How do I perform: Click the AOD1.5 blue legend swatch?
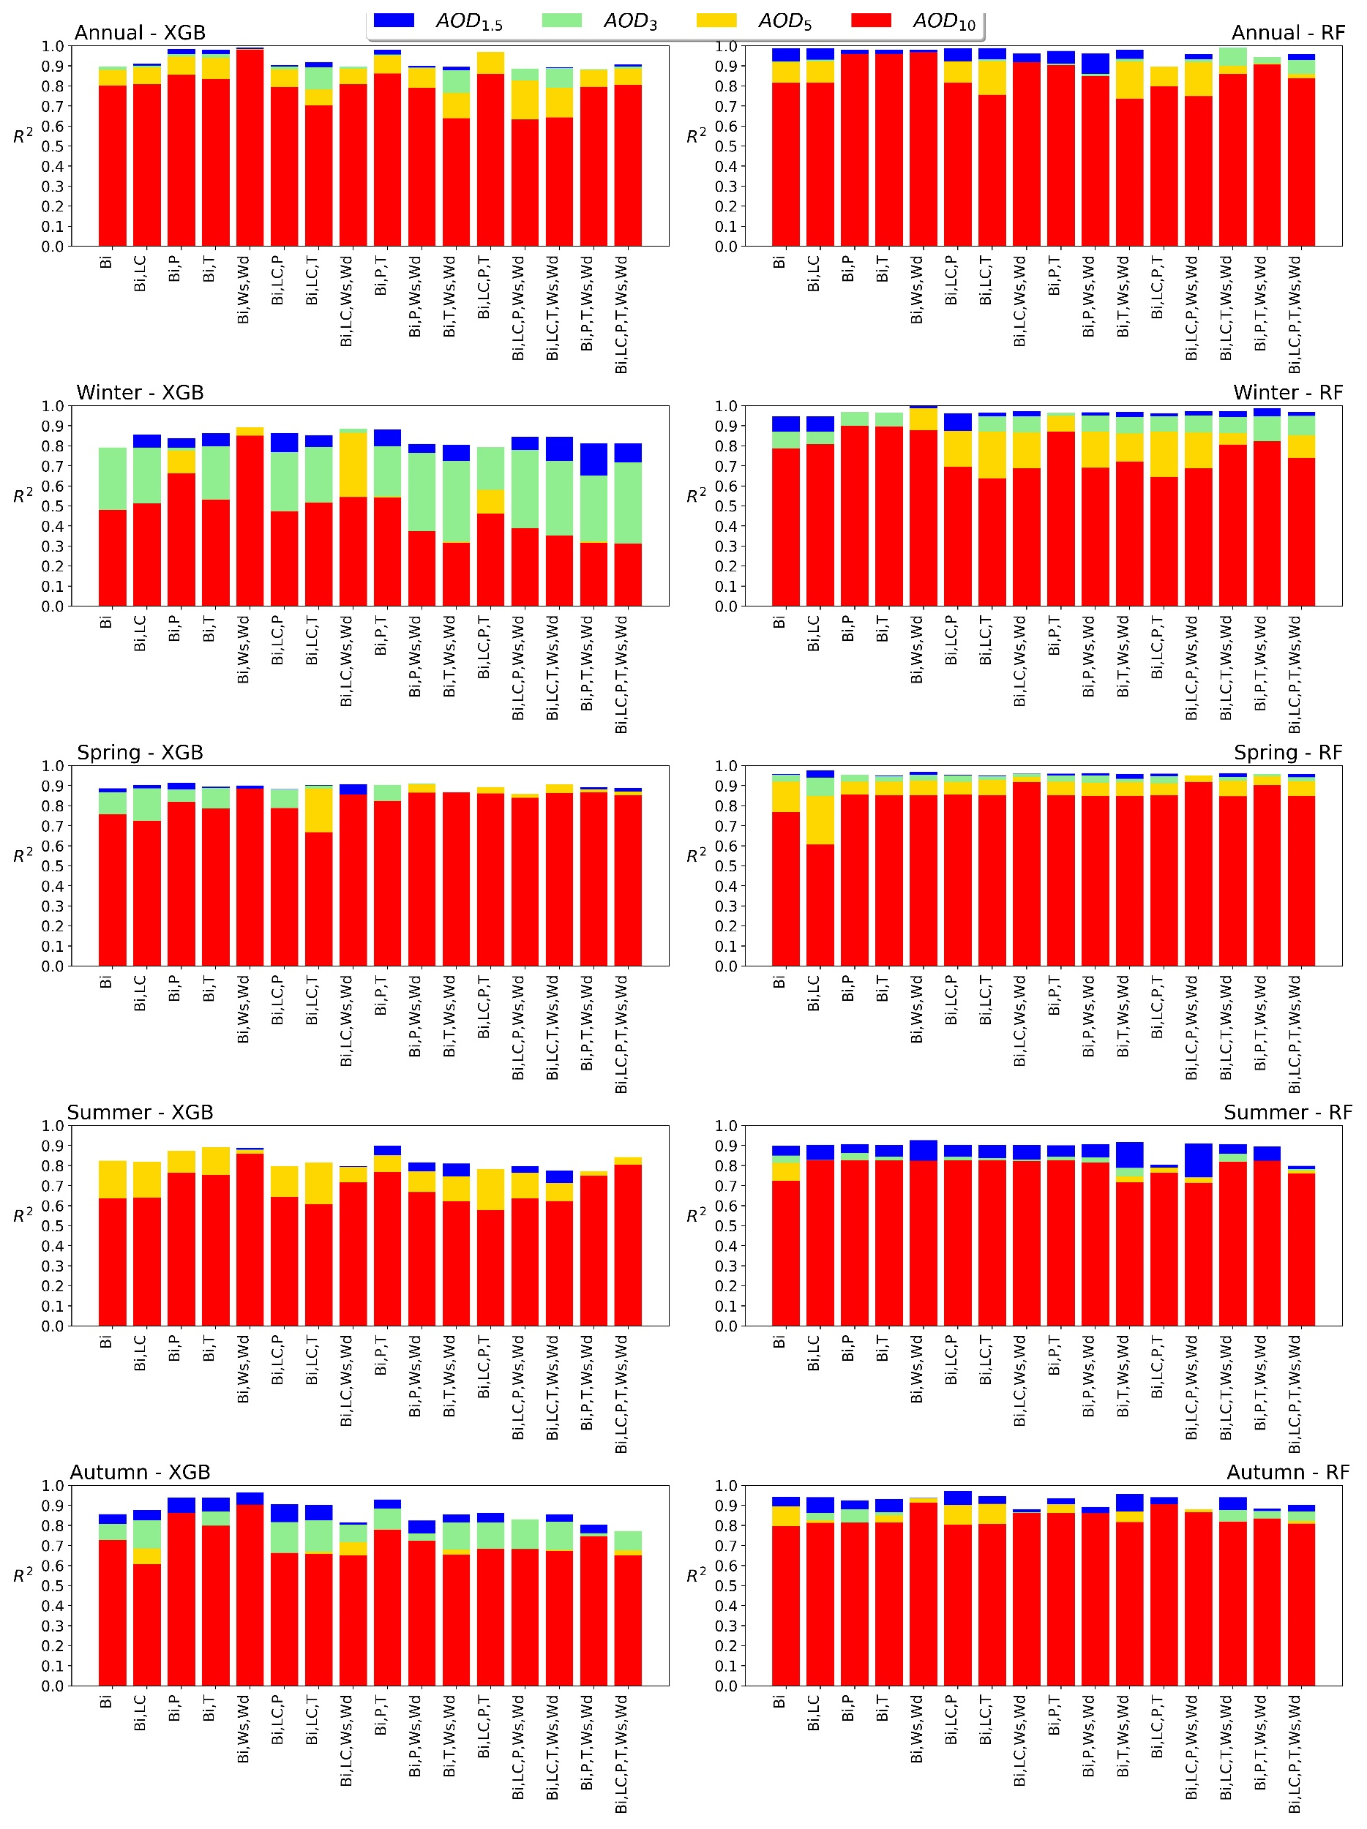(393, 20)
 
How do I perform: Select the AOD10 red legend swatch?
(870, 20)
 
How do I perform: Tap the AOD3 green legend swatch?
(561, 20)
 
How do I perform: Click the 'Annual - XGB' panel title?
(140, 32)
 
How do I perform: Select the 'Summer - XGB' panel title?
(140, 1112)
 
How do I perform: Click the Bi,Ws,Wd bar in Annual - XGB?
(250, 149)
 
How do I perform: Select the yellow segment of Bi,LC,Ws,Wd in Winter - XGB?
(353, 464)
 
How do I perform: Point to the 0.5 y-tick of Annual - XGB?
(52, 146)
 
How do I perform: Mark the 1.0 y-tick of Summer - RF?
(725, 1126)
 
